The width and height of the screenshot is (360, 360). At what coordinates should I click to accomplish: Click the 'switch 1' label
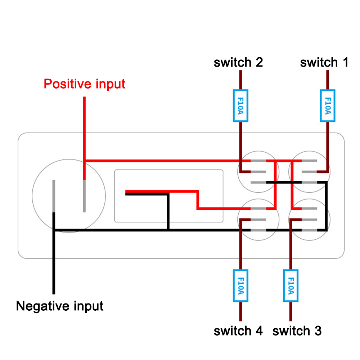pos(324,63)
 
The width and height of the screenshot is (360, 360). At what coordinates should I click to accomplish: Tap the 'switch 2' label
pos(238,63)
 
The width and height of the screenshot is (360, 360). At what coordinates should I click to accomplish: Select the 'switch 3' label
pos(297,330)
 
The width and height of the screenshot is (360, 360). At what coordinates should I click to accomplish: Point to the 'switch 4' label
pos(238,330)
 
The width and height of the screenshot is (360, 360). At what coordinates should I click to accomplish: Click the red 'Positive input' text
pos(84,84)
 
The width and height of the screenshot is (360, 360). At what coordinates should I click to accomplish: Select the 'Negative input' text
pos(60,306)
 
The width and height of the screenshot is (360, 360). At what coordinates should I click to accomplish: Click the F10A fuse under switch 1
pos(328,105)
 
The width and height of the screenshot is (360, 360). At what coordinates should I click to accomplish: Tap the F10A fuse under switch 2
pos(240,105)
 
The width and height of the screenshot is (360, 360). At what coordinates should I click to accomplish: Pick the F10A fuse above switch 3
pos(291,286)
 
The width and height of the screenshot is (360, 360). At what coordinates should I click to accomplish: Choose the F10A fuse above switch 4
pos(240,286)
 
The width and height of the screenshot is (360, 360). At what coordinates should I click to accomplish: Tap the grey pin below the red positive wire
pos(84,196)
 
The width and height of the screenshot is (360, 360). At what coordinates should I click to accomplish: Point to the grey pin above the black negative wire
pos(54,196)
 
